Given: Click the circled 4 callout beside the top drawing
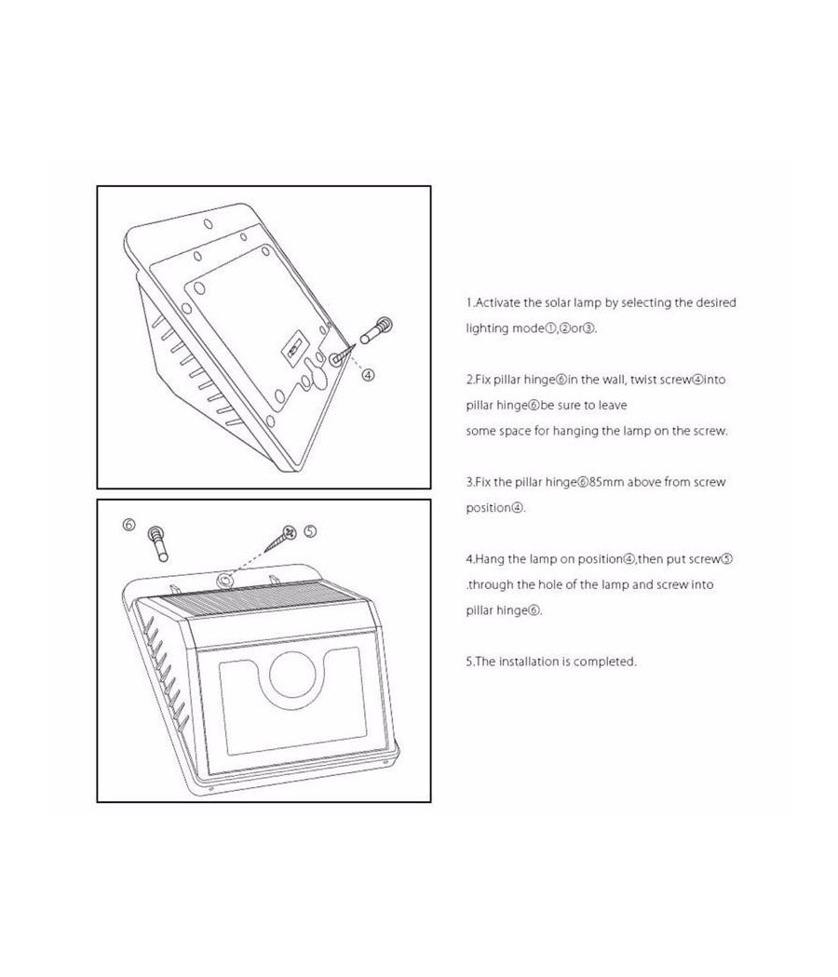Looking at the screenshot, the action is (x=369, y=374).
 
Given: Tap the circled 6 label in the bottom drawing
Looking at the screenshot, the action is (x=128, y=525).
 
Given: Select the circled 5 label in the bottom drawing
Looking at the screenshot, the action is (x=310, y=531).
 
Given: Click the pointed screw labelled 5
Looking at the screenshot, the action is (x=280, y=539).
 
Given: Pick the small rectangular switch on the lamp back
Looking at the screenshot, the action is (x=293, y=348).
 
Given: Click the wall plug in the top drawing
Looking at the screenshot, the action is (x=376, y=330).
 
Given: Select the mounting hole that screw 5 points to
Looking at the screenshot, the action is (x=224, y=581).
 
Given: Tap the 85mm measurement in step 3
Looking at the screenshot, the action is (x=607, y=482).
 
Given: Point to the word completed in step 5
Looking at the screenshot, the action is (x=605, y=662).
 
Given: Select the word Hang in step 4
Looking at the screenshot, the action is (x=488, y=559).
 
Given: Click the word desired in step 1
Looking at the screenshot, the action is (x=716, y=302).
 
